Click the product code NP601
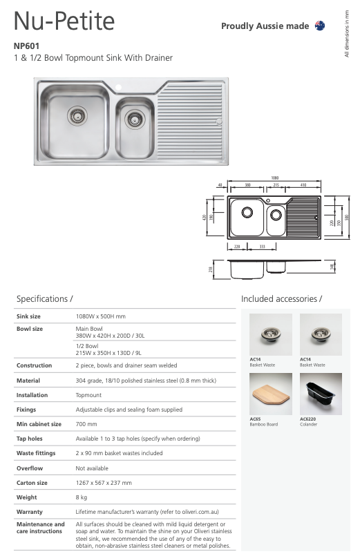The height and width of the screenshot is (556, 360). click(x=26, y=46)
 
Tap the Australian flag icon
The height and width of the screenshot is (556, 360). click(x=320, y=26)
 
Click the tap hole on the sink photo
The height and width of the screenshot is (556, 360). click(x=119, y=88)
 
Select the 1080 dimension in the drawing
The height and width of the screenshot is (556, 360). click(x=276, y=177)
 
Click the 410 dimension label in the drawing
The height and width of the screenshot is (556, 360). click(x=303, y=185)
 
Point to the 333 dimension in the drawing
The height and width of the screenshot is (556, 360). click(x=263, y=245)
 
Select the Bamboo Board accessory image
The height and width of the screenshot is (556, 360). click(x=270, y=394)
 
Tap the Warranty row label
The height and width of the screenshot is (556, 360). click(x=29, y=512)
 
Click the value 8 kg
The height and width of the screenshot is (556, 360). click(x=82, y=497)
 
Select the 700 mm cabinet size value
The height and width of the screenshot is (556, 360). click(x=86, y=424)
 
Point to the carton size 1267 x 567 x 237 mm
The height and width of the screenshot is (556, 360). click(x=103, y=483)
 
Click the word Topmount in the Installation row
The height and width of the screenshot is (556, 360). click(x=88, y=395)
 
